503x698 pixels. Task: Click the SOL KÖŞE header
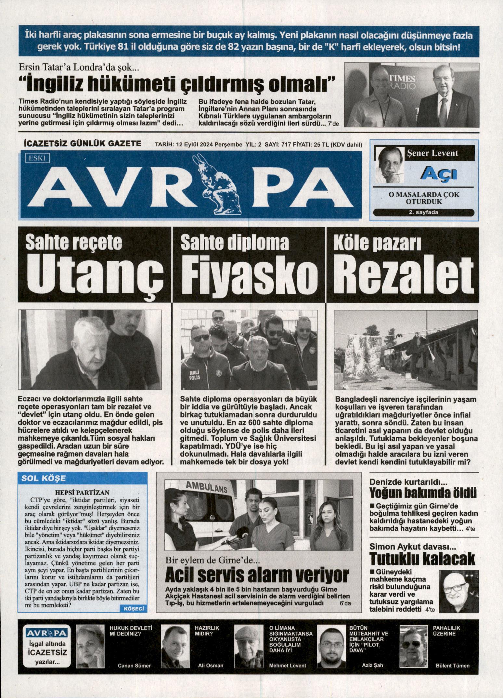click(44, 478)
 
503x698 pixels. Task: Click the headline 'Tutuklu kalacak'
click(422, 559)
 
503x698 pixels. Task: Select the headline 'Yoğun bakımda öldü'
click(423, 493)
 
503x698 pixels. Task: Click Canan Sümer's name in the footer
click(134, 666)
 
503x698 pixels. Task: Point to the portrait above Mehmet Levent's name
click(248, 647)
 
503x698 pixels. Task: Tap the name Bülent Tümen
click(452, 666)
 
